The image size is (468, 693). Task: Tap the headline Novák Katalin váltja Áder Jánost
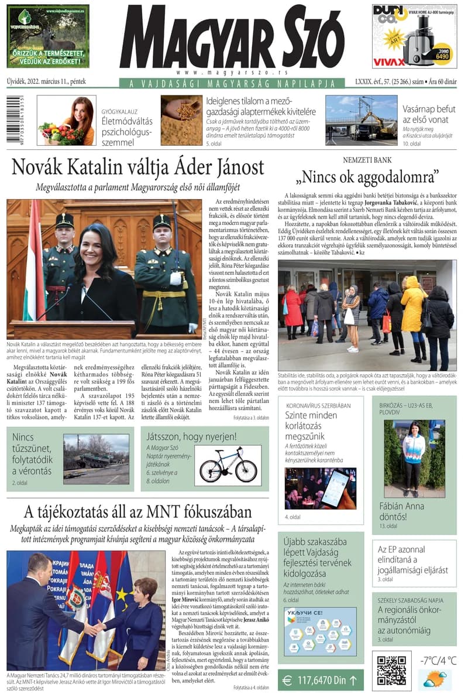(138, 168)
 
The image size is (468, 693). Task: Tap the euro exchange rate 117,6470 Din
(321, 681)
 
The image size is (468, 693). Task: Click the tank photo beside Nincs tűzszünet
(96, 459)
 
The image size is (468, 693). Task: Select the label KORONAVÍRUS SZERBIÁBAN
(318, 405)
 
